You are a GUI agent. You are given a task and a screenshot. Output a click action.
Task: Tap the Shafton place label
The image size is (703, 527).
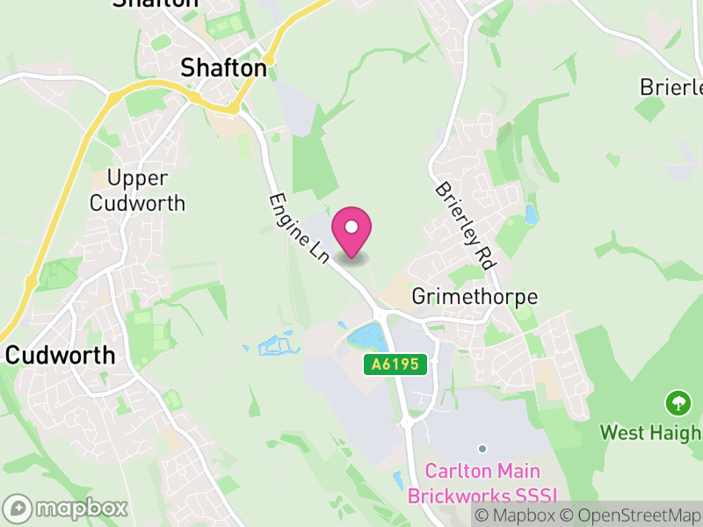[223, 68]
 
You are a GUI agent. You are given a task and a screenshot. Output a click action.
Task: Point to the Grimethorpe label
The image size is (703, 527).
[475, 297]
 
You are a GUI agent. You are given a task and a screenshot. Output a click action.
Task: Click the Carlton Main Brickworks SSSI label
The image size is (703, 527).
[482, 483]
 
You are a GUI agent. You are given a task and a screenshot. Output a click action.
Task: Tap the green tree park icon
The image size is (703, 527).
[678, 404]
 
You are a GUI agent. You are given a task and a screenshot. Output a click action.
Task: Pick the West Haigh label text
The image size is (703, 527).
[651, 433]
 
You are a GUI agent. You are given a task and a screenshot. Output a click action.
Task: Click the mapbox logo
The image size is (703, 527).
[67, 508]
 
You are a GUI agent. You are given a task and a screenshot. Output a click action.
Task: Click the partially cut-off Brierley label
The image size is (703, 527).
[672, 88]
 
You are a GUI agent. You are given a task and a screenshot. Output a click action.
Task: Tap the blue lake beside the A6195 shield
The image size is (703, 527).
[367, 336]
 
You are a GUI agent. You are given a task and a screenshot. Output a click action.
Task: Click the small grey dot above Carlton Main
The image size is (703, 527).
[482, 449]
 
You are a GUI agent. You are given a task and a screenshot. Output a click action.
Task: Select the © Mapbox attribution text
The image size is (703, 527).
[515, 515]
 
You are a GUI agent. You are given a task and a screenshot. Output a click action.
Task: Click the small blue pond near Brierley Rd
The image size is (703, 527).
[530, 213]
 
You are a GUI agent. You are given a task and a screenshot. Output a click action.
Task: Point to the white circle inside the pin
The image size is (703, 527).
[351, 227]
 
